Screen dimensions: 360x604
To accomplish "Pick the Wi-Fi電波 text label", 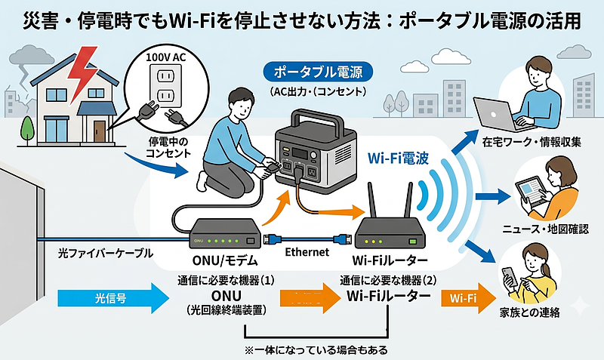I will (x=399, y=159).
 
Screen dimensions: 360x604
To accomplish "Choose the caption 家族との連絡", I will (x=534, y=312).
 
